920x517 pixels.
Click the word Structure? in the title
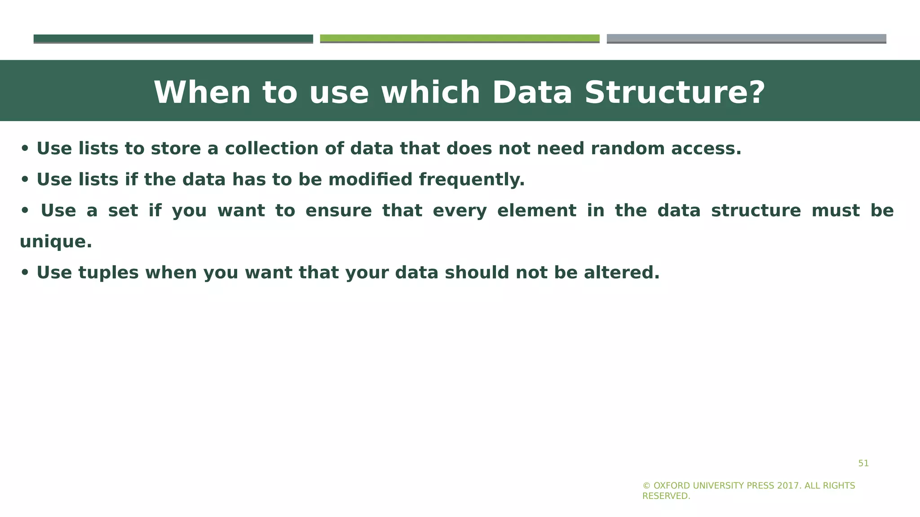click(675, 93)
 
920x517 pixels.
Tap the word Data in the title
click(532, 93)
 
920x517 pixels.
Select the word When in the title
click(202, 93)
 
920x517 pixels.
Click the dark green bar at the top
click(173, 39)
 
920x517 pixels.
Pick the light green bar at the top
click(460, 39)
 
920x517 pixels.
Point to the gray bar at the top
click(746, 39)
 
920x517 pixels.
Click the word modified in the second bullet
click(370, 180)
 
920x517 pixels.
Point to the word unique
click(55, 242)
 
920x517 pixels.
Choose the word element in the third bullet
click(537, 210)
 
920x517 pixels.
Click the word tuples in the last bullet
click(108, 273)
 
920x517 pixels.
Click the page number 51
click(863, 464)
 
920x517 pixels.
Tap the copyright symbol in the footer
click(646, 486)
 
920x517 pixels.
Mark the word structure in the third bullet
click(756, 210)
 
